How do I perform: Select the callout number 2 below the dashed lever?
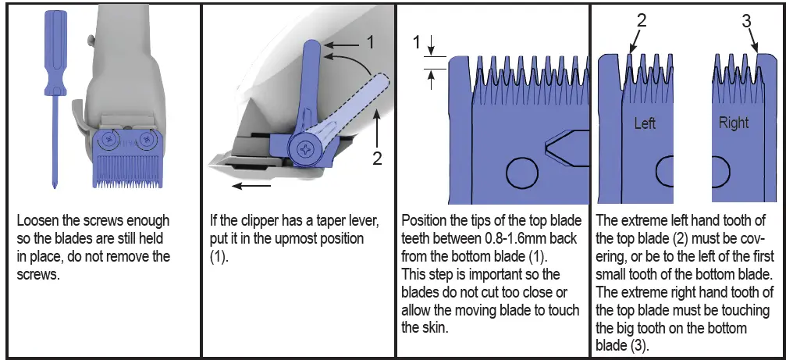377,158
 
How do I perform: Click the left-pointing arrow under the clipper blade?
251,186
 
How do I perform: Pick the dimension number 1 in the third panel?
416,41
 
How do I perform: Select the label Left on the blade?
645,123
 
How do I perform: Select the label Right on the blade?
733,123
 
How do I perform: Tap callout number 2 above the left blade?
641,21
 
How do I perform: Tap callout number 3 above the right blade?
746,21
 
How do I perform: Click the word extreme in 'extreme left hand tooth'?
645,222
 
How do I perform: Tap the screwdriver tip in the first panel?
55,185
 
